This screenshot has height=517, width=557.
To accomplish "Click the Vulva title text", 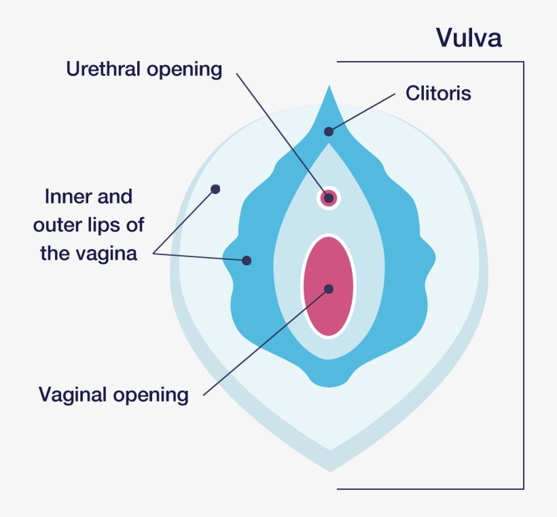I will [469, 38].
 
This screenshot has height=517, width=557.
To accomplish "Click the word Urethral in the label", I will [102, 69].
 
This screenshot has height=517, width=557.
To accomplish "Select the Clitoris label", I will [438, 93].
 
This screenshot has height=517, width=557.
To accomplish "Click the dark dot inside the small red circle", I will [329, 198].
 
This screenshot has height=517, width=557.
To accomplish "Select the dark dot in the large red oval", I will [329, 289].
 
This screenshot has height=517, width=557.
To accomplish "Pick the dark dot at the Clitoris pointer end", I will [329, 132].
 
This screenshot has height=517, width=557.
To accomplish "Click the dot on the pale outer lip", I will [215, 189].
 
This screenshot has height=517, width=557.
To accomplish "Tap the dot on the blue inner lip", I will [247, 261].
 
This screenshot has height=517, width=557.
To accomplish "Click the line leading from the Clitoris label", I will [363, 112].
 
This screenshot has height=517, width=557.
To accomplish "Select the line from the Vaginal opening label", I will [265, 341].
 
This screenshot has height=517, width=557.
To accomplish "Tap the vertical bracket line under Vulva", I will [524, 271].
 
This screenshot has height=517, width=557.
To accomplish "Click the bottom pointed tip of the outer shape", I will [330, 468].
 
